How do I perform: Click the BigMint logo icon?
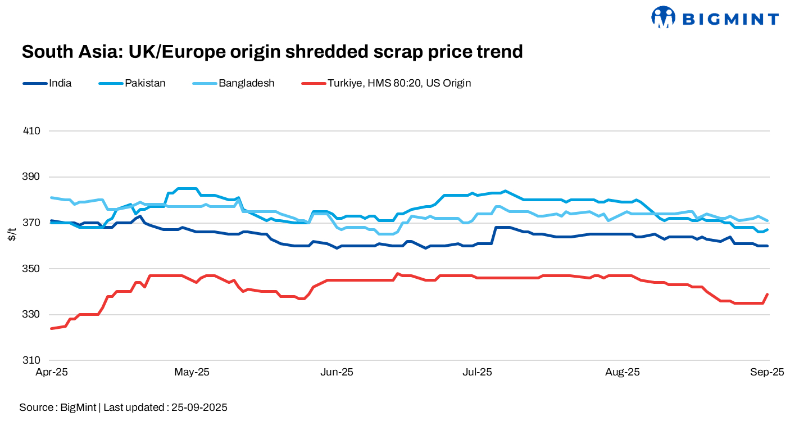point(663,17)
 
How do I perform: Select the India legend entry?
point(60,83)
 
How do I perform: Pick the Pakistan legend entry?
point(145,83)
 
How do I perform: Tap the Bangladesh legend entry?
point(246,83)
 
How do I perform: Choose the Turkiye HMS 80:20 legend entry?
point(399,83)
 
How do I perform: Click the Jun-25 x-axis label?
point(336,372)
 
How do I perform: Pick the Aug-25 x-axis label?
point(623,372)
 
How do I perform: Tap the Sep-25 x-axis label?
point(768,372)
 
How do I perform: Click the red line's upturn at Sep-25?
point(767,295)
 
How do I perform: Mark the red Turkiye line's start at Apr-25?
point(52,328)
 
